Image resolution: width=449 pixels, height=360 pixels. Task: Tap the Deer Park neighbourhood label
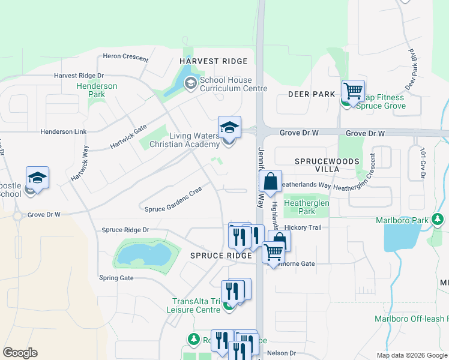pos(311,94)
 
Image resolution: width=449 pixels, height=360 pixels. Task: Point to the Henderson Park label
pos(97,90)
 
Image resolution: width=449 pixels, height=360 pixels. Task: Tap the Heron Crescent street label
pos(125,57)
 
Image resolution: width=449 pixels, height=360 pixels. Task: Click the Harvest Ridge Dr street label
pos(79,76)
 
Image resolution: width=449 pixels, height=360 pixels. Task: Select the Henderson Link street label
pos(64,131)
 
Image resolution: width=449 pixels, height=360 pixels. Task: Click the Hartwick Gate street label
pos(128,137)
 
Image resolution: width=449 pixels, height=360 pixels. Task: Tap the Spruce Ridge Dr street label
pos(125,230)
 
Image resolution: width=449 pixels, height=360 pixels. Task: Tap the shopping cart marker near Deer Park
pos(354,92)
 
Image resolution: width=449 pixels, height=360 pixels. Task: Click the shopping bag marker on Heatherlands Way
pos(271,181)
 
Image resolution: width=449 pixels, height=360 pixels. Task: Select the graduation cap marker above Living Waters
pos(229,127)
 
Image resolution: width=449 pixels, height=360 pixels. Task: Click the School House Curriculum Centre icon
pos(191,83)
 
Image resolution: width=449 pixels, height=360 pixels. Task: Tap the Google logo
pos(20,353)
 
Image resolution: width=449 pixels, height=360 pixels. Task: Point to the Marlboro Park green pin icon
pos(438,220)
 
